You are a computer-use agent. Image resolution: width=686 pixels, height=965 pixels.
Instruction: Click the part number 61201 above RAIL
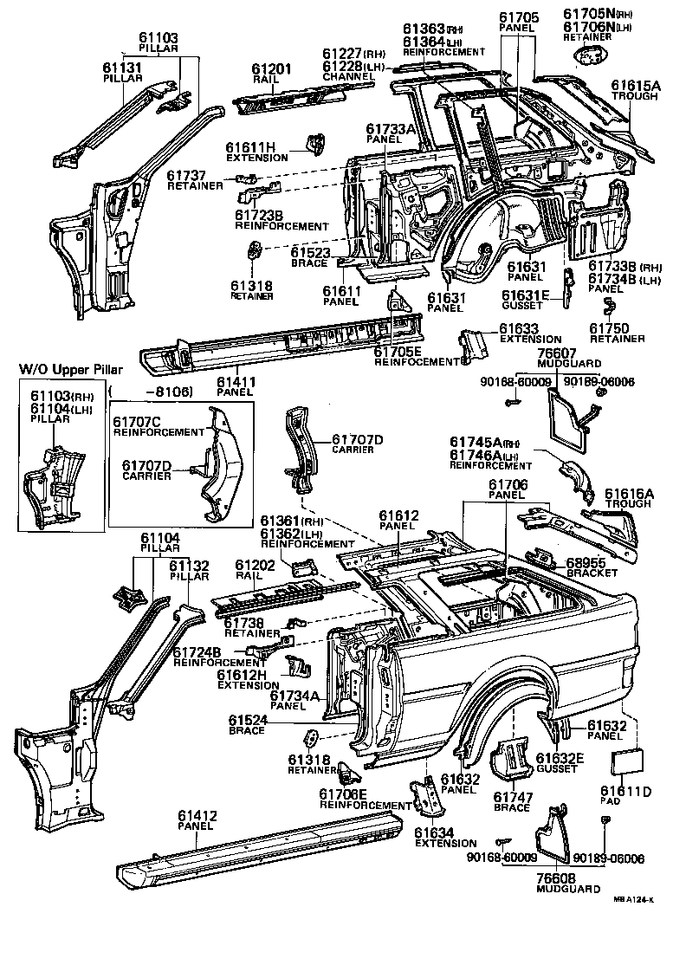coord(271,68)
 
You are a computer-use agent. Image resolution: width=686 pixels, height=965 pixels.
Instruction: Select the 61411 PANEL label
coord(235,385)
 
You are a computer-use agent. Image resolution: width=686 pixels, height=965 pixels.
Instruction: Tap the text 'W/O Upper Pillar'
coord(70,370)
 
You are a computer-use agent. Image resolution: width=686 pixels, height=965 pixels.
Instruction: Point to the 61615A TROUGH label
coord(635,91)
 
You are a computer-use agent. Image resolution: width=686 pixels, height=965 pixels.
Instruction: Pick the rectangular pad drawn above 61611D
coord(627,763)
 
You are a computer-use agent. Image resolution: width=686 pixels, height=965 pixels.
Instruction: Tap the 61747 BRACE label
coord(511,801)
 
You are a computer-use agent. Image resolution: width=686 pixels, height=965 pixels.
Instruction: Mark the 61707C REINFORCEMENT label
coord(158,426)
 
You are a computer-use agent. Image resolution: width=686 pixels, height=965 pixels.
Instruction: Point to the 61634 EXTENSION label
coord(444,837)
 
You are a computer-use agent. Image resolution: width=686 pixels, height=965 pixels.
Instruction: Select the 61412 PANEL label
coord(198,820)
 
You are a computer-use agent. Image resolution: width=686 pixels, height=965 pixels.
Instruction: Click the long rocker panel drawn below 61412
coord(260,853)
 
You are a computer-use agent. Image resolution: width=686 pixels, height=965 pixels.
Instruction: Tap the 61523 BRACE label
coord(310,256)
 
